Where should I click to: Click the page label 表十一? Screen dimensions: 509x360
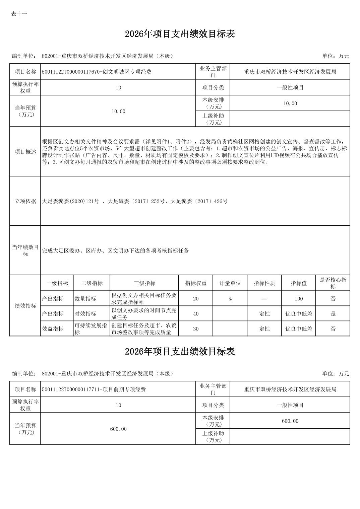(19, 14)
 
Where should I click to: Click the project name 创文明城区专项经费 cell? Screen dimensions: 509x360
(97, 72)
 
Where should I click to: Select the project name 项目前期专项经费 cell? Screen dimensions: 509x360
(94, 389)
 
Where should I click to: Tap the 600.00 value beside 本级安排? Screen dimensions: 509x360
(290, 421)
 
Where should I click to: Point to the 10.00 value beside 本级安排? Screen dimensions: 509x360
(290, 103)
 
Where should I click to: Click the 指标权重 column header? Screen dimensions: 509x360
(196, 283)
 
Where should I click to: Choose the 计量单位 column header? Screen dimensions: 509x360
(230, 283)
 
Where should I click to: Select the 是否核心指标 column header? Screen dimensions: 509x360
(333, 283)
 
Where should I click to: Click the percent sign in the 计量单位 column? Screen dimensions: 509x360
(230, 299)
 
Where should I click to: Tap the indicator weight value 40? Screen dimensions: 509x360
(196, 314)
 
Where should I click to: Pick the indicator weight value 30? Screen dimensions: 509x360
(196, 329)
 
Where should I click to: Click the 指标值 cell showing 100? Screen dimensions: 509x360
(299, 299)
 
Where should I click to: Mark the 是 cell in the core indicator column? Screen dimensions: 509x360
(333, 314)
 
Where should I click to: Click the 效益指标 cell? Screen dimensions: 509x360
(53, 329)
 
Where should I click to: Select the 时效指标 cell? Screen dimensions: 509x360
(85, 314)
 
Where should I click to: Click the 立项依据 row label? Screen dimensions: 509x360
(25, 201)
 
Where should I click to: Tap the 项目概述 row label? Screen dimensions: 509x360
(25, 152)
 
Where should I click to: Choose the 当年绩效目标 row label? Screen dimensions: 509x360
(25, 250)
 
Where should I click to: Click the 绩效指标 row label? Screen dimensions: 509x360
(25, 306)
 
